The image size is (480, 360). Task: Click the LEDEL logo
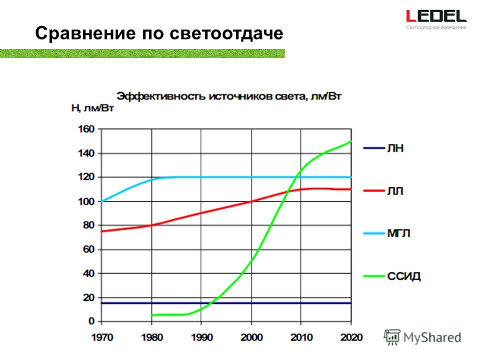click(436, 19)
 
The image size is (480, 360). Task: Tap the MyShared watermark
click(422, 337)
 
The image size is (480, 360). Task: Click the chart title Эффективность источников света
click(211, 96)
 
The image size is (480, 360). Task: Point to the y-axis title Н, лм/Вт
click(92, 108)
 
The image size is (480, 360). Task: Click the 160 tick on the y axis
click(86, 129)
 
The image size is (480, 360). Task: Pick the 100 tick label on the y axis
click(86, 201)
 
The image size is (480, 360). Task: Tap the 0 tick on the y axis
click(91, 321)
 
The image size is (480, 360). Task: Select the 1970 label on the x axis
click(102, 337)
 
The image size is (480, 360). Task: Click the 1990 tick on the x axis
click(201, 337)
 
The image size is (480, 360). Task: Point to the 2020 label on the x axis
click(351, 337)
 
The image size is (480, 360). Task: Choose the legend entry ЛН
click(383, 148)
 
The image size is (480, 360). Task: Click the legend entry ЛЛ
click(383, 190)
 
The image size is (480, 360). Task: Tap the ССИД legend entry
click(392, 276)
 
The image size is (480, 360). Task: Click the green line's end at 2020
click(351, 141)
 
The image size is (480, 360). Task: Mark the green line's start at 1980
click(152, 315)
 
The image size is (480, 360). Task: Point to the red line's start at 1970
click(101, 231)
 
